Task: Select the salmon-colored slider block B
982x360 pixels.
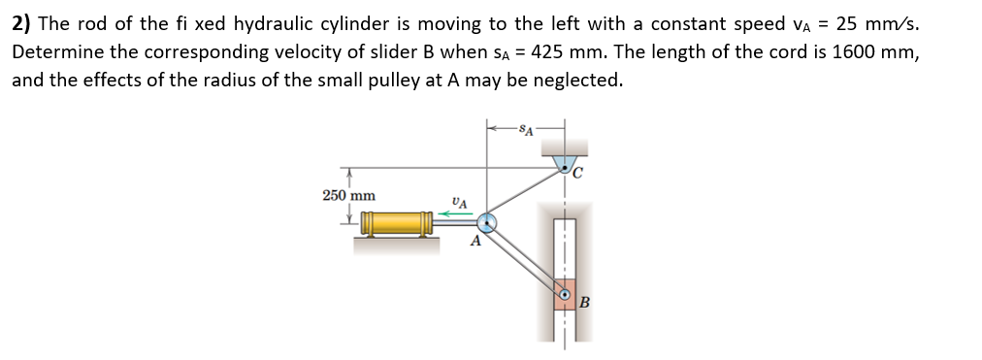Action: coord(565,293)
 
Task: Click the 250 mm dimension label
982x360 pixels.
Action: coord(348,195)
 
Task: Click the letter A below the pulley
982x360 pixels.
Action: coord(475,243)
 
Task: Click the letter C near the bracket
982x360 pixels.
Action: coord(578,175)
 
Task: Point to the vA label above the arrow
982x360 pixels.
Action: coord(459,202)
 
